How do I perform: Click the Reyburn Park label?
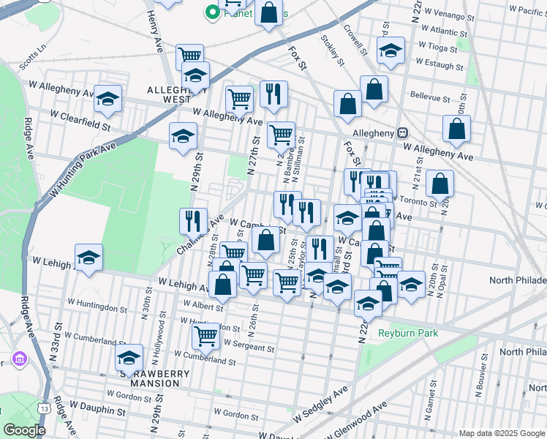[x=407, y=333]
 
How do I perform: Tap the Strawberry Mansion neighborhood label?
[x=159, y=378]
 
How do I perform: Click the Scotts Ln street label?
[x=33, y=53]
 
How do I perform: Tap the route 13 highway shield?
[x=45, y=408]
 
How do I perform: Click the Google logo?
[x=24, y=430]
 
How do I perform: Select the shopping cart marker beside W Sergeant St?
[x=206, y=336]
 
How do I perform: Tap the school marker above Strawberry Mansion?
[x=129, y=357]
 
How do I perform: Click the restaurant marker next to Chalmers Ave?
[x=193, y=220]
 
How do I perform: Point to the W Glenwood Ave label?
[x=362, y=421]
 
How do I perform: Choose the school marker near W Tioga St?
[x=391, y=50]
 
